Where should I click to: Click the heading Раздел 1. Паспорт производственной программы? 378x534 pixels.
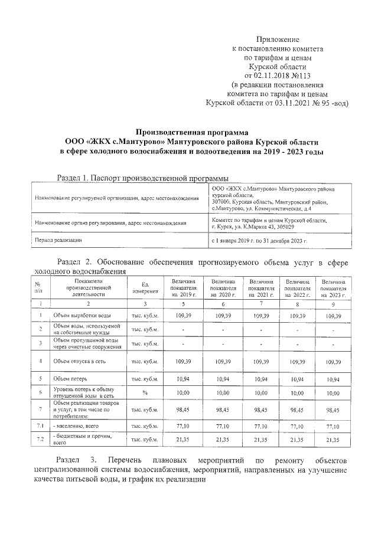pyautogui.click(x=142, y=178)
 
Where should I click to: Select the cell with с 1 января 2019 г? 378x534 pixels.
pyautogui.click(x=260, y=241)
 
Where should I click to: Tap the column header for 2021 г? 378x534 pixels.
pyautogui.click(x=262, y=287)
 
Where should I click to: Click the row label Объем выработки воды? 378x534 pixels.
pyautogui.click(x=82, y=316)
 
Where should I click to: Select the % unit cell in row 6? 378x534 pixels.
pyautogui.click(x=144, y=392)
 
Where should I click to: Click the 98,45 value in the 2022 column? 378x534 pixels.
pyautogui.click(x=298, y=408)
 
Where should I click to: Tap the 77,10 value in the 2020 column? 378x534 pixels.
pyautogui.click(x=223, y=425)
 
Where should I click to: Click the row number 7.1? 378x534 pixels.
pyautogui.click(x=40, y=425)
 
